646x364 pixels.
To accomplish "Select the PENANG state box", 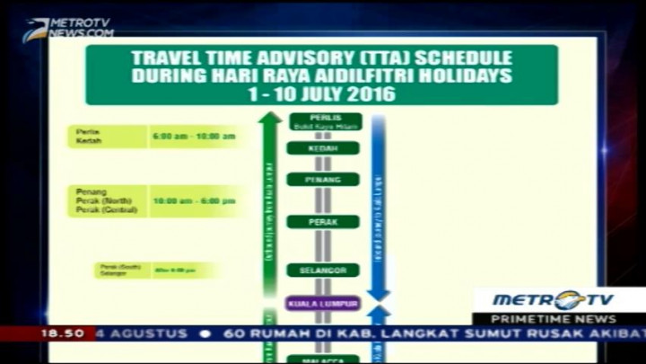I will [x=323, y=179].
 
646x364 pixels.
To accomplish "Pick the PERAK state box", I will [x=323, y=220].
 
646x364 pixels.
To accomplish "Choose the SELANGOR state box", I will [x=323, y=270].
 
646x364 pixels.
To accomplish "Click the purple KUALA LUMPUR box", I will [x=323, y=304].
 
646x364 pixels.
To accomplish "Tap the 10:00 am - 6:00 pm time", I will [x=194, y=200].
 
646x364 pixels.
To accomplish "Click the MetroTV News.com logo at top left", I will [x=69, y=28].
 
